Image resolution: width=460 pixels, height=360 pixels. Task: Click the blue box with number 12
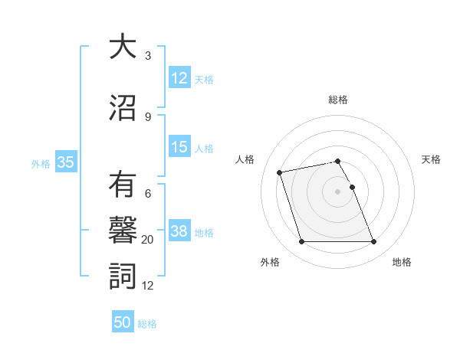point(179,77)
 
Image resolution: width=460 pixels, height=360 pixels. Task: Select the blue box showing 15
point(179,147)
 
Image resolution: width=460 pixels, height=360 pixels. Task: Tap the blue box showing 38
point(179,231)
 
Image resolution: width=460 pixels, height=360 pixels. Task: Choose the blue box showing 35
point(65,162)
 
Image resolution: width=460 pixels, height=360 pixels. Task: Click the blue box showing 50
point(123,322)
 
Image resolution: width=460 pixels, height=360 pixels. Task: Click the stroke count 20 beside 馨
point(148,240)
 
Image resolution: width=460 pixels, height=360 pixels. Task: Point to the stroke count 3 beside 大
point(148,56)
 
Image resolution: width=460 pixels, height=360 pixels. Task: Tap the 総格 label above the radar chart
point(337,100)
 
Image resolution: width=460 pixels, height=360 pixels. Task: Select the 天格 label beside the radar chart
point(431,159)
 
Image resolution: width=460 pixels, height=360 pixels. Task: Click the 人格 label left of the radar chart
point(245,159)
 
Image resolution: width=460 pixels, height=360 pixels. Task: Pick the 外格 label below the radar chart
point(270,262)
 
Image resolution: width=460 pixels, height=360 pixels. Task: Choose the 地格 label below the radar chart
point(402,262)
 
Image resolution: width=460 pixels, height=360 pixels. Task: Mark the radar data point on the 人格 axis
point(280,172)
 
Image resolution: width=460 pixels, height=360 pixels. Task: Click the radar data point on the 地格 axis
point(373,242)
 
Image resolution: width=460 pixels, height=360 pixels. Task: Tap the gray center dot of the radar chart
point(337,191)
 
